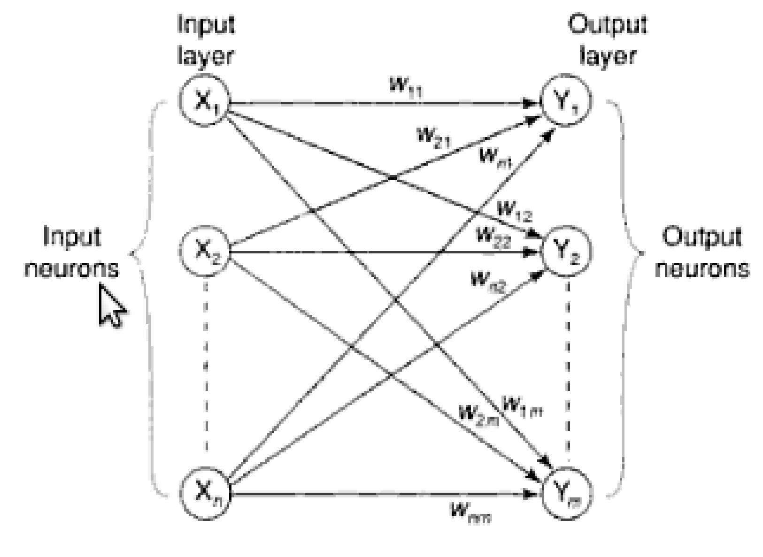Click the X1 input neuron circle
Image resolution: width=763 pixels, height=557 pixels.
[x=204, y=100]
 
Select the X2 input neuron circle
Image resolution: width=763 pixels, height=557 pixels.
[x=204, y=251]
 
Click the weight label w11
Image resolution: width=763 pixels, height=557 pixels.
[x=406, y=87]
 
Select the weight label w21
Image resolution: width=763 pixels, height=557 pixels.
[x=433, y=137]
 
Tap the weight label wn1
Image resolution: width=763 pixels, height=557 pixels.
[x=495, y=157]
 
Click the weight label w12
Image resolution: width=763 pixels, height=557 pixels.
[x=515, y=211]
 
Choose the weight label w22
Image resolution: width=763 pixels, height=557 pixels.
[x=493, y=237]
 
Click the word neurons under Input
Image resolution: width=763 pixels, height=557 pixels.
[x=72, y=269]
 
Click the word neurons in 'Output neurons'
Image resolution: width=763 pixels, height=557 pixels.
[x=701, y=269]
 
